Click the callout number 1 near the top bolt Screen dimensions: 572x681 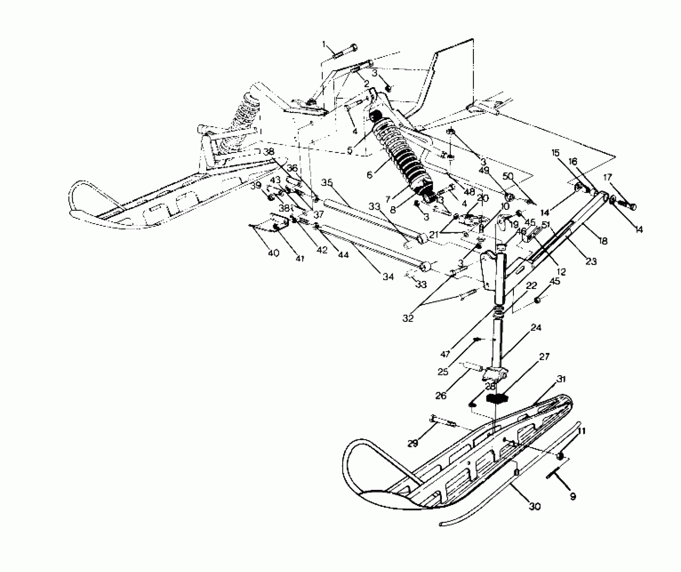click(x=324, y=44)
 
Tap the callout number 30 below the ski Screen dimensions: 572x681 click(x=534, y=506)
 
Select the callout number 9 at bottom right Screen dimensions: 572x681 click(x=573, y=496)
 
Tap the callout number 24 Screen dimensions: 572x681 click(x=536, y=327)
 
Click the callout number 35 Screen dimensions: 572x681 click(x=327, y=183)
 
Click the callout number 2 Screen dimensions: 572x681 click(x=366, y=83)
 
